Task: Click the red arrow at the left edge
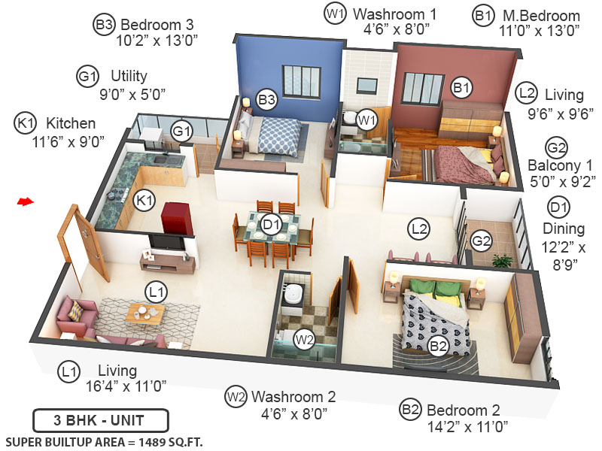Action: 26,201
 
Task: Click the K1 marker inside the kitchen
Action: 144,201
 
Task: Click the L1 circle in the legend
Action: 69,371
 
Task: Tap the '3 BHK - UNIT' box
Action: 101,419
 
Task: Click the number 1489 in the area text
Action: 143,441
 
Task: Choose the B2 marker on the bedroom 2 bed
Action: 439,346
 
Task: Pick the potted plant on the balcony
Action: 502,260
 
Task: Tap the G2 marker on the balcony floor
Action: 482,241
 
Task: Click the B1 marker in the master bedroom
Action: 461,89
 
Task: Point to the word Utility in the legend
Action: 129,76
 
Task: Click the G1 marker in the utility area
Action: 182,131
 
